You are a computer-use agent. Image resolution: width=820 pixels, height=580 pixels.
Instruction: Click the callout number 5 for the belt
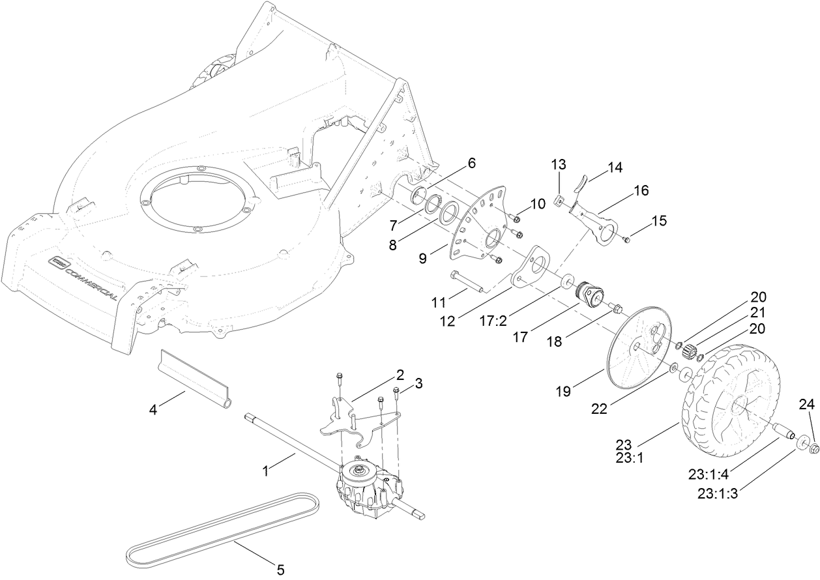click(x=280, y=570)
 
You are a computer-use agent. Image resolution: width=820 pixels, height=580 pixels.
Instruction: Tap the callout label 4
click(x=153, y=410)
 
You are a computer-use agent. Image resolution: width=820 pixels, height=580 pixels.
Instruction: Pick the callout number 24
click(x=807, y=405)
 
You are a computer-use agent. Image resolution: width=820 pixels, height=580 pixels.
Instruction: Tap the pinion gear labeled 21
click(x=689, y=345)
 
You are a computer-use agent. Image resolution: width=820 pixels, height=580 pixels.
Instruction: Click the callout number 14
click(x=615, y=167)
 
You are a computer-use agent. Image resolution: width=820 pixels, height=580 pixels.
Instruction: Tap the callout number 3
click(x=418, y=384)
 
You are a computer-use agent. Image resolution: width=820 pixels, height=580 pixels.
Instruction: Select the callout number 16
click(x=641, y=190)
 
